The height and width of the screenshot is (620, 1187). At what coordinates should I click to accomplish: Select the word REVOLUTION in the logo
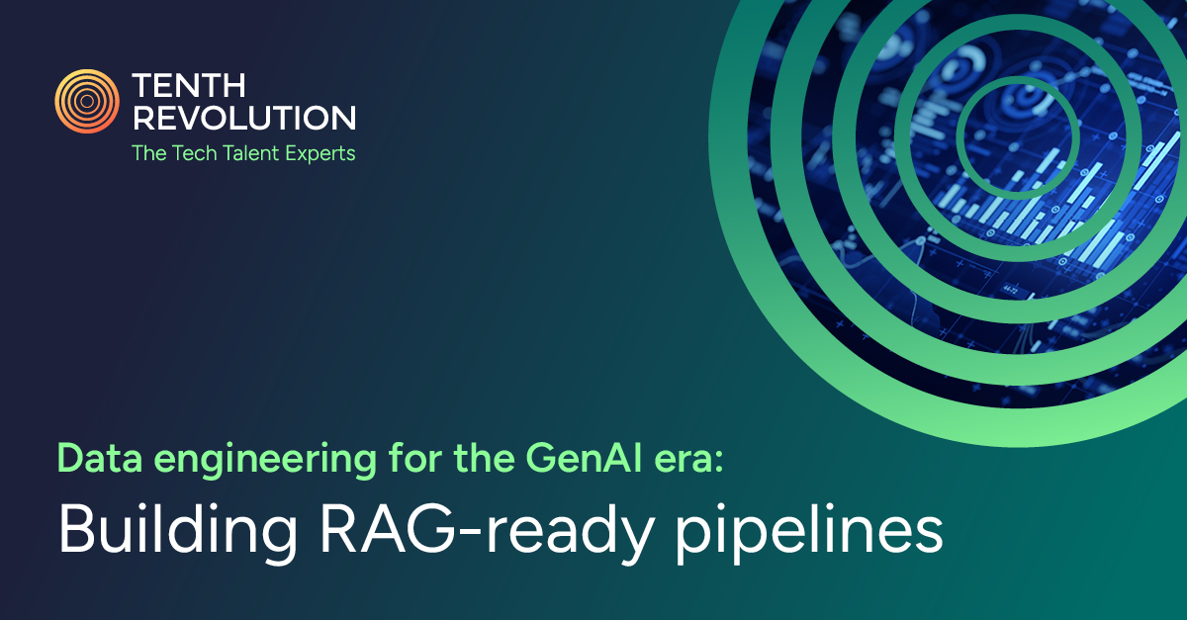243,118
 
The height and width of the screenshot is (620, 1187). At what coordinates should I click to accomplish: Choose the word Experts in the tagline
318,153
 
